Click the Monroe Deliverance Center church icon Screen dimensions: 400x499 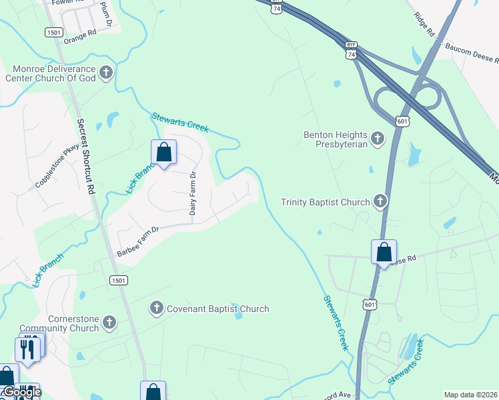[x=106, y=72]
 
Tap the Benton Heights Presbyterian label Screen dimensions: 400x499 [x=336, y=139]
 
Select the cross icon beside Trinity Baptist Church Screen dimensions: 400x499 [x=380, y=201]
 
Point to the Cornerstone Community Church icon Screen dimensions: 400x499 [x=109, y=323]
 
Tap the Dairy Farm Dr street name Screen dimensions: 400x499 [x=193, y=193]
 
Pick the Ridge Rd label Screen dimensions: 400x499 [x=424, y=24]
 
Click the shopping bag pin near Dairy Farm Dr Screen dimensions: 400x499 [x=164, y=153]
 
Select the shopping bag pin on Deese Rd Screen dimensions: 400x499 [x=384, y=253]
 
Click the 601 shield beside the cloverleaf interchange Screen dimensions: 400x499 [x=404, y=121]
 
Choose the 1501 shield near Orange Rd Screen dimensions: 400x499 [x=54, y=32]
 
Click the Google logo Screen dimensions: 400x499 [x=22, y=392]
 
